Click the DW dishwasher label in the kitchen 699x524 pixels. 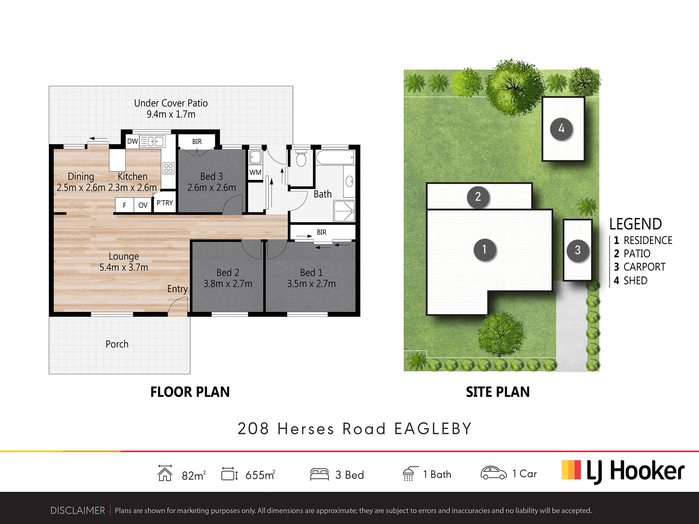pos(132,141)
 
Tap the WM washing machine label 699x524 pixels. pos(255,172)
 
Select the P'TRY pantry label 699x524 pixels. pos(165,203)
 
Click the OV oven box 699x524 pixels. pos(143,205)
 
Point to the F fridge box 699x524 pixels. pos(124,205)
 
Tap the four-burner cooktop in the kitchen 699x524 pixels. pos(168,168)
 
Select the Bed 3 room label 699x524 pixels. pos(211,182)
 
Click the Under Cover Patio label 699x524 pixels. pos(171,108)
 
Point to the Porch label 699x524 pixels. pos(117,344)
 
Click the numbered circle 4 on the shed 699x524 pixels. pos(561,129)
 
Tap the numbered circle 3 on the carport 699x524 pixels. pos(578,250)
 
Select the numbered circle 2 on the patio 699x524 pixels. pos(478,197)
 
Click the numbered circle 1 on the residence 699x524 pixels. pos(485,249)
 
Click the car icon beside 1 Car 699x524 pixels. pos(493,473)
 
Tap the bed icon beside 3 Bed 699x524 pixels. pos(319,474)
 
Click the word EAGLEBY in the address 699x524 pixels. pos(433,429)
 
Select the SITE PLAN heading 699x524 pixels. pos(498,392)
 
